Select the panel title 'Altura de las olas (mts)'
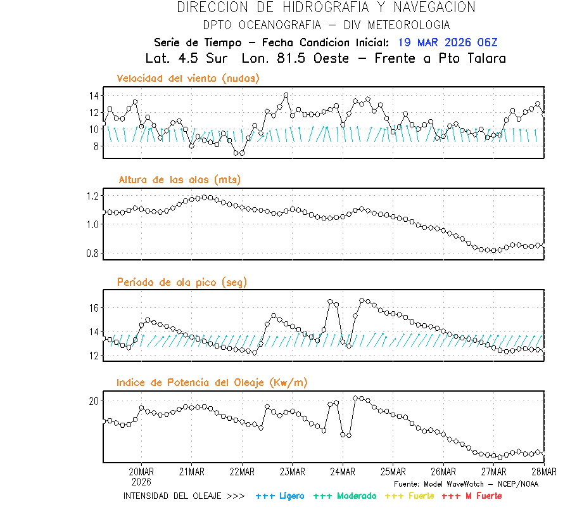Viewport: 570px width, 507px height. point(180,180)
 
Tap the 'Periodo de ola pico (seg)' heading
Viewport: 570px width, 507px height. point(182,282)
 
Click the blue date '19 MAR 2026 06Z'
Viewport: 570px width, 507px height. point(448,43)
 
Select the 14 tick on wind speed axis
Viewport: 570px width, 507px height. point(94,96)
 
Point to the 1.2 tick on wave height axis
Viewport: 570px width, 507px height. point(92,195)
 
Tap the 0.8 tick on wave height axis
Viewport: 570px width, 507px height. point(92,253)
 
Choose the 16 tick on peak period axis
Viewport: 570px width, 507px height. point(94,308)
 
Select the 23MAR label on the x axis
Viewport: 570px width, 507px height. point(292,472)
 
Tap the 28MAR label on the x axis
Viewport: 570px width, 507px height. point(543,472)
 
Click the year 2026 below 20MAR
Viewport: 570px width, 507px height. point(141,482)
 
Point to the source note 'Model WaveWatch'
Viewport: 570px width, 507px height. point(456,484)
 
